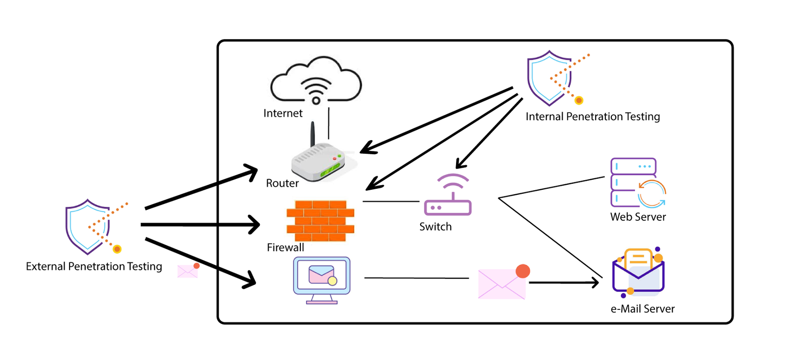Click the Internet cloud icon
tap(316, 80)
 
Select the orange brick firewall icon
tap(320, 220)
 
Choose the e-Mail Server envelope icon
tap(638, 273)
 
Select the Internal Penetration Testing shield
tap(550, 78)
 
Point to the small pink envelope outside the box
tap(187, 271)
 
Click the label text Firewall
tap(285, 247)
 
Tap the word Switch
tap(435, 227)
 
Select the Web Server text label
tap(638, 217)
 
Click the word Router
tap(282, 183)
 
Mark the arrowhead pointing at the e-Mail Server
tap(595, 283)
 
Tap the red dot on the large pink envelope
tap(523, 271)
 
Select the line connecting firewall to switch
tap(390, 201)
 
